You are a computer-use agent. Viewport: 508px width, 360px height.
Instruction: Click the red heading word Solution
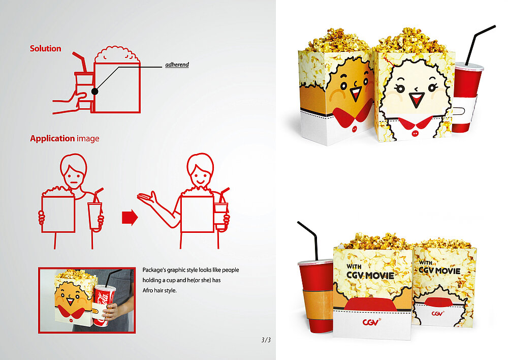(x=45, y=49)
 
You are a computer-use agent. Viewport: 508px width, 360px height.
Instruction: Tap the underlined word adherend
(x=177, y=65)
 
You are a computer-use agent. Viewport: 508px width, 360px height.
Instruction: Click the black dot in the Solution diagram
(x=94, y=92)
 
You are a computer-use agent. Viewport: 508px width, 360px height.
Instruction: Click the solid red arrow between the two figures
(x=130, y=217)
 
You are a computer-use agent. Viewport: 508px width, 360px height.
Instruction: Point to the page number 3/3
(x=266, y=340)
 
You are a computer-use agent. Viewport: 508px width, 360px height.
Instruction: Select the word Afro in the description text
(x=148, y=290)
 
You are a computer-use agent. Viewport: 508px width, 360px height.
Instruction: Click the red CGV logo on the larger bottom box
(x=370, y=322)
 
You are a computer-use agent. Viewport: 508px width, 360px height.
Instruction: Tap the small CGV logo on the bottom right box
(x=437, y=313)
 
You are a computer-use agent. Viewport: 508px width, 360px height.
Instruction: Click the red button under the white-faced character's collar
(x=415, y=134)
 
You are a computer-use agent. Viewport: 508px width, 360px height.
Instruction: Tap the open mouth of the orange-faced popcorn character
(x=356, y=94)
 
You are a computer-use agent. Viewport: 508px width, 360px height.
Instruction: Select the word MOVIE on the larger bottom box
(x=379, y=276)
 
